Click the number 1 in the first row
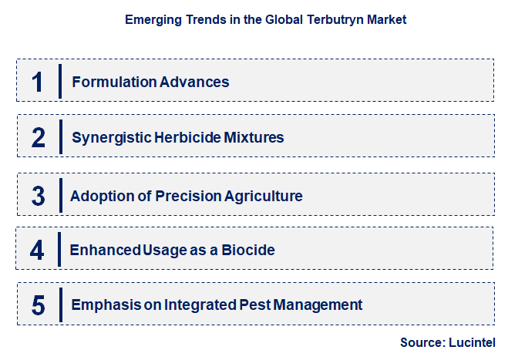click(x=37, y=82)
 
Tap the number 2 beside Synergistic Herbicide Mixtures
click(x=39, y=138)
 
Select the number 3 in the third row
click(x=39, y=196)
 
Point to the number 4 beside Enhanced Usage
click(x=37, y=251)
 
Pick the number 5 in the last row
click(x=39, y=305)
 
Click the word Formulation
click(x=114, y=82)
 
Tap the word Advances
click(x=194, y=82)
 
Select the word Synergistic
click(x=112, y=138)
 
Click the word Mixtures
click(x=254, y=137)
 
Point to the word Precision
click(x=188, y=196)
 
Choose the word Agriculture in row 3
click(x=264, y=197)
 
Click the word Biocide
click(x=248, y=250)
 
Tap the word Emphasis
click(x=106, y=305)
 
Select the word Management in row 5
click(x=318, y=305)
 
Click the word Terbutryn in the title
click(x=335, y=20)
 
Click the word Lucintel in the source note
click(x=472, y=342)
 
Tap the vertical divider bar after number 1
click(x=60, y=82)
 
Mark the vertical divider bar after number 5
click(x=61, y=304)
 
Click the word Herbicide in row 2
click(x=187, y=137)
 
